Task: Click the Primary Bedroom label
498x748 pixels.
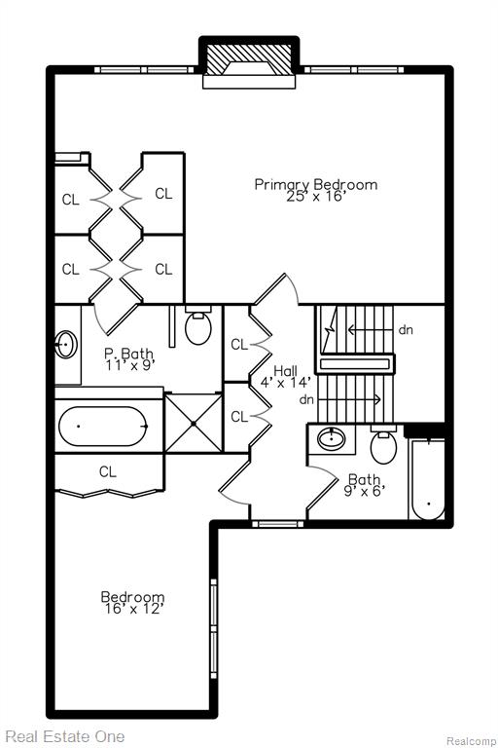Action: (316, 190)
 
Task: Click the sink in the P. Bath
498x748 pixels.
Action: (66, 343)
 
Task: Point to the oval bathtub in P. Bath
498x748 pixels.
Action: (103, 426)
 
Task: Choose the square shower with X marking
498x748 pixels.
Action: (194, 423)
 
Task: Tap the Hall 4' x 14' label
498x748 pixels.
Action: (286, 376)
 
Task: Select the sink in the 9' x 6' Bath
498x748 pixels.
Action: (332, 438)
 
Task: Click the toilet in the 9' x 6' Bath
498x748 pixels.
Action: (383, 445)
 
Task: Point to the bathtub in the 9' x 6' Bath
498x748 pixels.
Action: (428, 479)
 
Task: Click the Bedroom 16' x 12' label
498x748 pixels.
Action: (133, 603)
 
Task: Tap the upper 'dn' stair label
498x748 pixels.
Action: (406, 329)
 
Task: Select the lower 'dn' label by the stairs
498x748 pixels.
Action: (306, 399)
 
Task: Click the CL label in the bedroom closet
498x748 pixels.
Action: (108, 471)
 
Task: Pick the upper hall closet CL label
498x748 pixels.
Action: (239, 344)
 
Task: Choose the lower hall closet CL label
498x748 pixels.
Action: (239, 417)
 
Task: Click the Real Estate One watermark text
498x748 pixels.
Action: (65, 736)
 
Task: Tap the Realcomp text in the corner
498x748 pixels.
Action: (471, 741)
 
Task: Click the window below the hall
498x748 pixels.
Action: (278, 524)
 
